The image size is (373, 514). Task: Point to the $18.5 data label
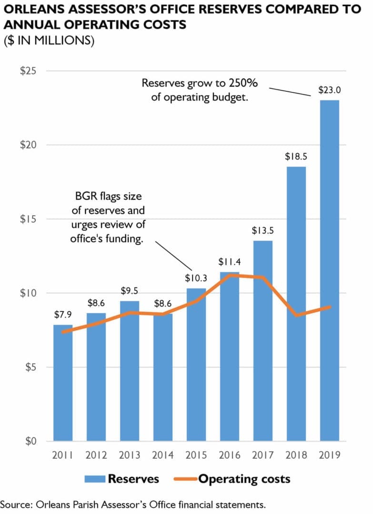click(296, 157)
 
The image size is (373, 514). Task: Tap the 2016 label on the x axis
click(230, 455)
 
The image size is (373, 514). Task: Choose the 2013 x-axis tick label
click(130, 455)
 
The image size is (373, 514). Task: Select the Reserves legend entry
click(122, 478)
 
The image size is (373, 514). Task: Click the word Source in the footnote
click(14, 504)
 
